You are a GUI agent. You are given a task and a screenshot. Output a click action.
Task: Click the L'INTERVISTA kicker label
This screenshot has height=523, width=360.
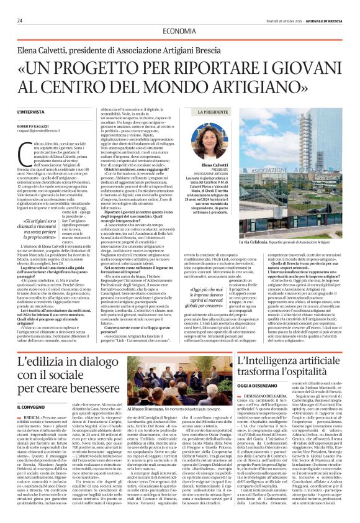coord(31,111)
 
